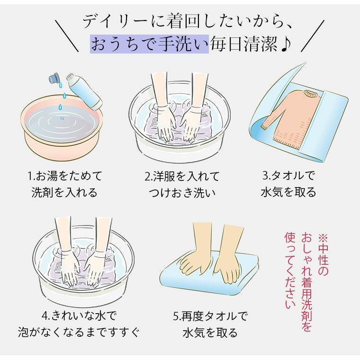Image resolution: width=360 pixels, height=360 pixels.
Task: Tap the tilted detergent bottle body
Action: click(84, 91)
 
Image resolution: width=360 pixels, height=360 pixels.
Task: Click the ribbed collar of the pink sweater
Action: click(310, 94)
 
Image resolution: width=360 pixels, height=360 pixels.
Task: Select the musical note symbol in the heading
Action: click(285, 44)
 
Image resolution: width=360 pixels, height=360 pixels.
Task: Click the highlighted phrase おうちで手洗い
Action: click(149, 44)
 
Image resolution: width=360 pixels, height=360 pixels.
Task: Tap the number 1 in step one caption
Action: click(30, 176)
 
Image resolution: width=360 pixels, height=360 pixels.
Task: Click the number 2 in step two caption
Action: click(147, 176)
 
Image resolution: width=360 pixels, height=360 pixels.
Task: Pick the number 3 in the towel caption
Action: click(265, 176)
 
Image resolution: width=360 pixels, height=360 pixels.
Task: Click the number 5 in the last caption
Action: click(176, 316)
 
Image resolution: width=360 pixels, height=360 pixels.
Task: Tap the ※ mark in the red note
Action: click(323, 238)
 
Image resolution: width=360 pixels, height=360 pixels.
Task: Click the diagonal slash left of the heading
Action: click(67, 36)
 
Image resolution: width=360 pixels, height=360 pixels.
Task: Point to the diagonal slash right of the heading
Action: click(313, 36)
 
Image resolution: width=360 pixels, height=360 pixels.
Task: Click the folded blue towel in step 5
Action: click(209, 273)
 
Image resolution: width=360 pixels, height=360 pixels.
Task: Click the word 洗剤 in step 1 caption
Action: click(40, 192)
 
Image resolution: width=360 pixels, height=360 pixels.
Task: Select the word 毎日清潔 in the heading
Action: click(244, 44)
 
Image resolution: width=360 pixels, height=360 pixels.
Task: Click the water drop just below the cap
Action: click(60, 85)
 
